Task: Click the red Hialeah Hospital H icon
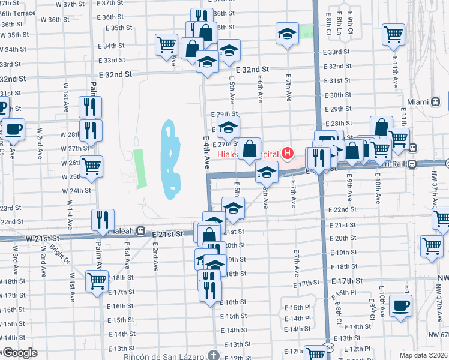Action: click(288, 154)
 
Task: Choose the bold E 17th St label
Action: click(348, 281)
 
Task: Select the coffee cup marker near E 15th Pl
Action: click(401, 305)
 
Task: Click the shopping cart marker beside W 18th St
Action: click(97, 280)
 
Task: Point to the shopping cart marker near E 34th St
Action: click(166, 44)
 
